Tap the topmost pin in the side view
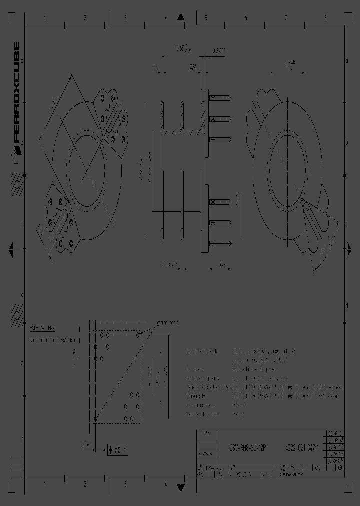pos(220,98)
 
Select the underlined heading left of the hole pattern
pos(43,328)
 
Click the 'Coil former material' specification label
pos(202,351)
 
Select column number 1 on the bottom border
pos(45,484)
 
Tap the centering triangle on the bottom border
pos(182,486)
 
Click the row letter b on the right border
pos(346,142)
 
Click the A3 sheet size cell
pos(340,468)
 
